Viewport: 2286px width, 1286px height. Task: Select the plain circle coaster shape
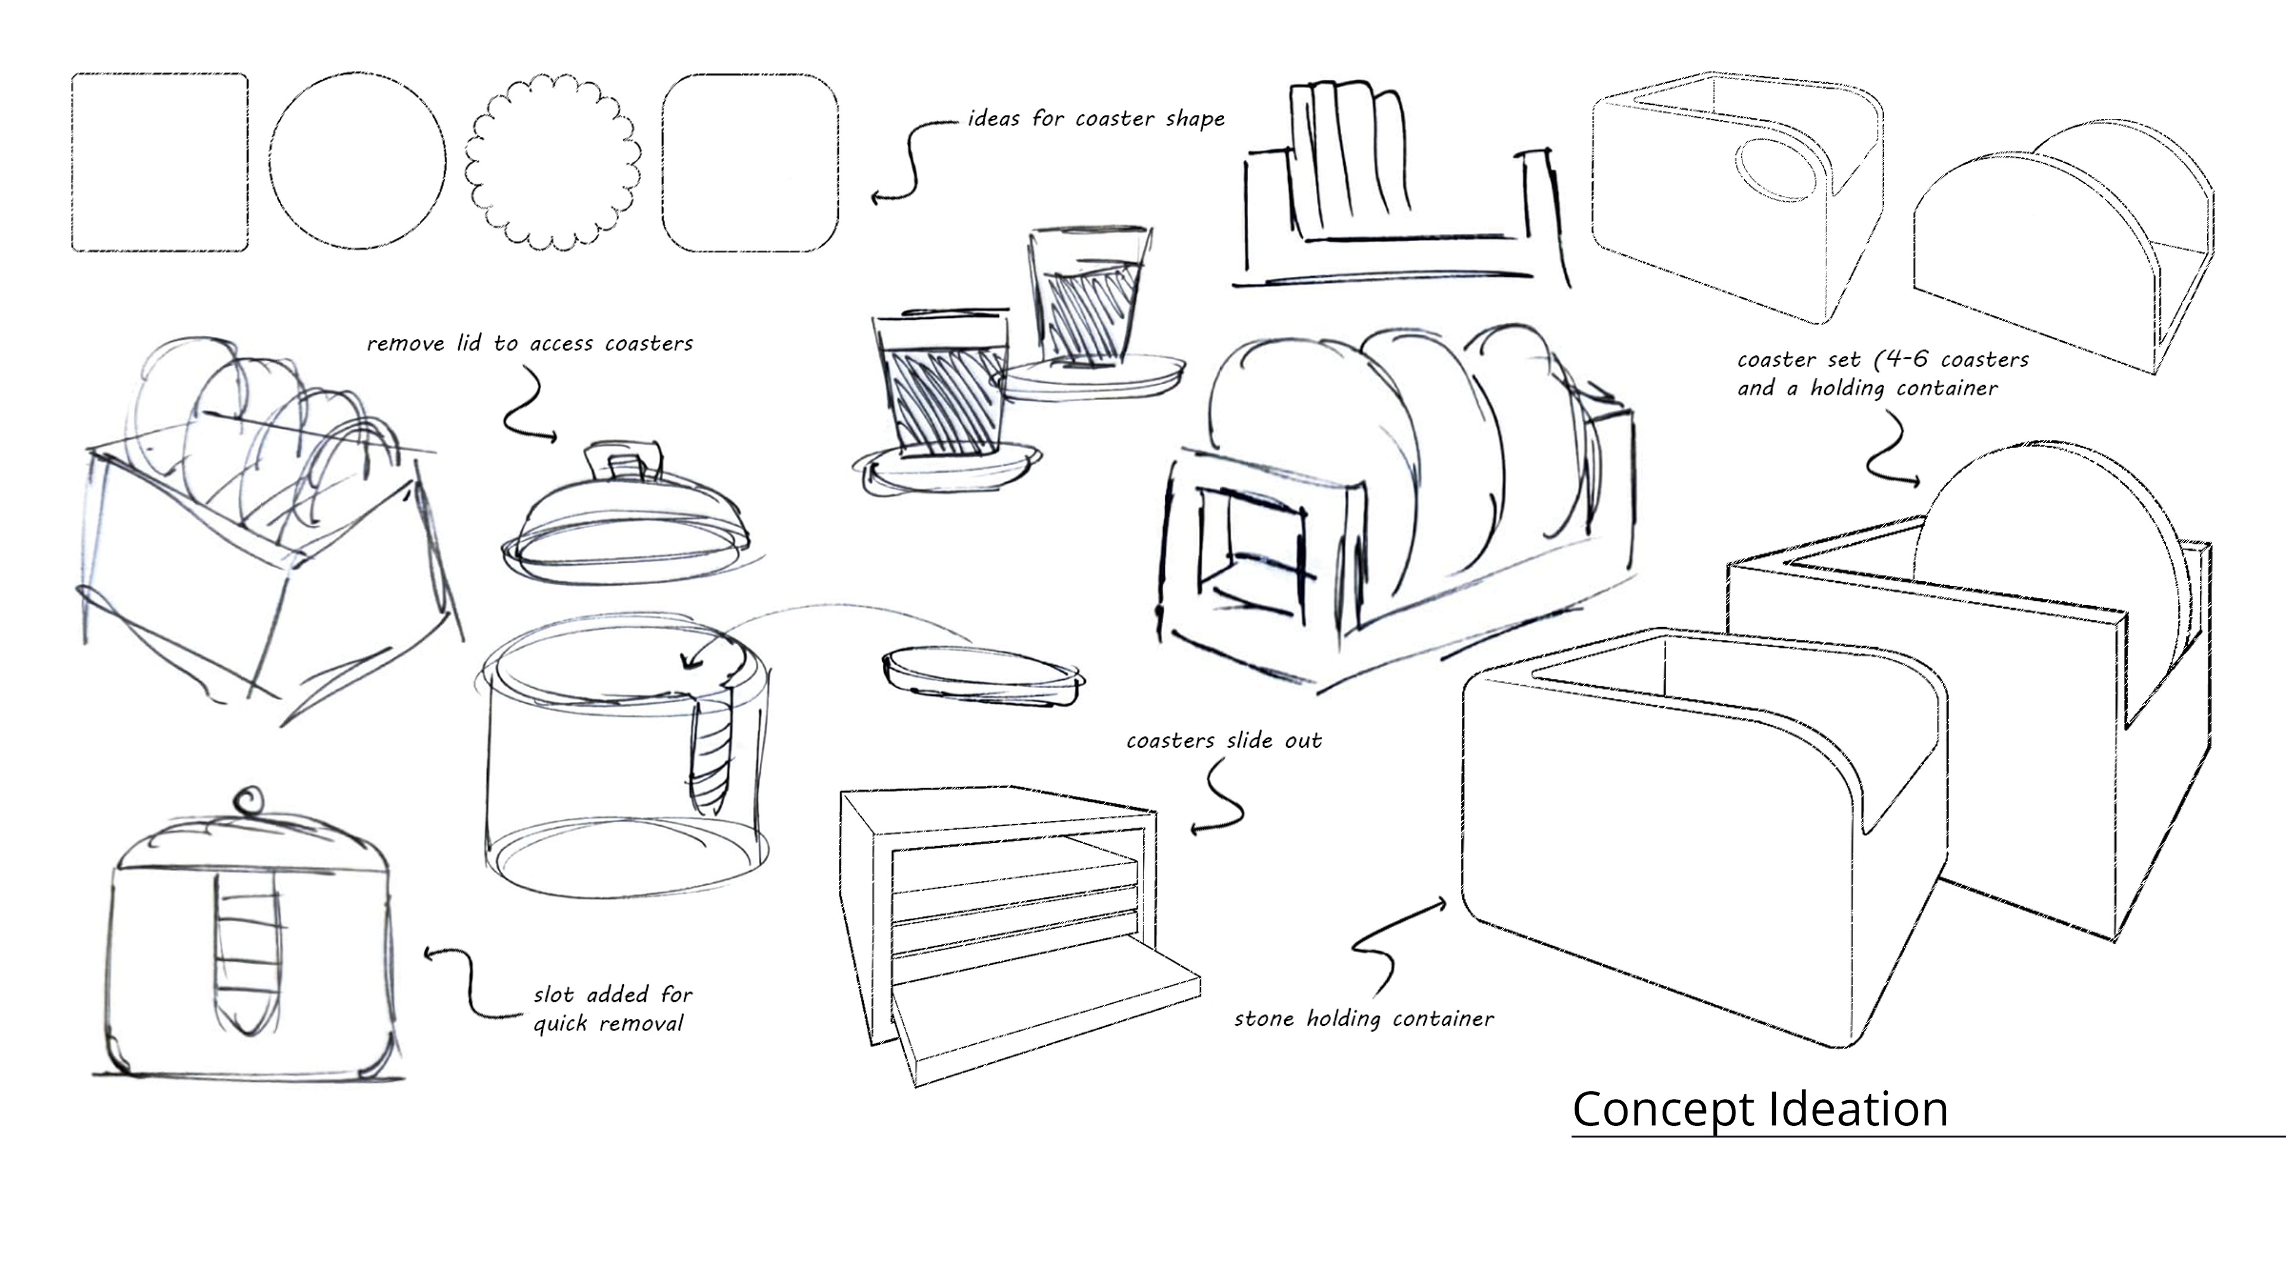(x=358, y=161)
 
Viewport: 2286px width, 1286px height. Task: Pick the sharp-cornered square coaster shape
(x=160, y=163)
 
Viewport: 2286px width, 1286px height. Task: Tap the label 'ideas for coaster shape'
(x=1096, y=119)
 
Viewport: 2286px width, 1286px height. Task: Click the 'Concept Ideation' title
(x=1760, y=1109)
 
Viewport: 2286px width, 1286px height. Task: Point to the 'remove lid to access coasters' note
(x=530, y=344)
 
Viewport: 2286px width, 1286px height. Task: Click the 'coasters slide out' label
(x=1224, y=740)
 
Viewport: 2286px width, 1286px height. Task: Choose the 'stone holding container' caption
(x=1364, y=1019)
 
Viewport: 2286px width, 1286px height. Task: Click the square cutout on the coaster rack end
(x=1251, y=550)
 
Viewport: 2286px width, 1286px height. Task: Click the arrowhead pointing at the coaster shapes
(x=876, y=197)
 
